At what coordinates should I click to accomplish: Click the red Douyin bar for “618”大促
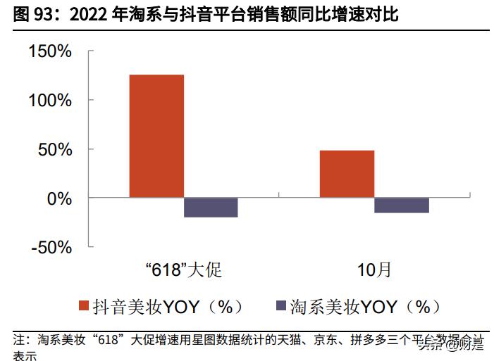coord(156,136)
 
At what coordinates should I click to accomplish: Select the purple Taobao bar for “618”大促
coord(211,208)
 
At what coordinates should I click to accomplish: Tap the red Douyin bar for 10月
coord(347,174)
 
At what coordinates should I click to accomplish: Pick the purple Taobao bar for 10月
coord(402,205)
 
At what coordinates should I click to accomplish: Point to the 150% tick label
coord(51,51)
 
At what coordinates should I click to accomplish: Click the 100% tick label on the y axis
coord(51,100)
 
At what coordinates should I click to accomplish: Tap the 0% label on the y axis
coord(59,198)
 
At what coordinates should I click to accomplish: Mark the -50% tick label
coord(52,247)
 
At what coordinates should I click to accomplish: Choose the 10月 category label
coord(373,270)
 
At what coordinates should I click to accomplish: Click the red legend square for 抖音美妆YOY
coord(85,306)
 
